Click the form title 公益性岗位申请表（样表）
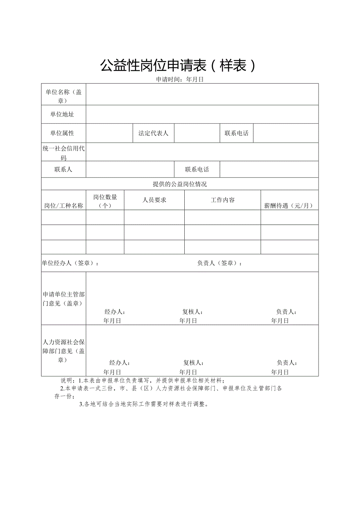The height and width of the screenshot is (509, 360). coord(178,65)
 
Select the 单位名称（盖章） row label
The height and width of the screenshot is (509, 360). coord(63,96)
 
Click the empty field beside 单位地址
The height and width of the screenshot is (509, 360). coord(202,114)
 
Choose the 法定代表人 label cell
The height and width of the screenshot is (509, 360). coord(153,133)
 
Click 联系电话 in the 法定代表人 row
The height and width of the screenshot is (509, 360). coord(236,133)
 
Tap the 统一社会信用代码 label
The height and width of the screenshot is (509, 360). coord(63,153)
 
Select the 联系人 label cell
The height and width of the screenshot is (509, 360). coord(63,169)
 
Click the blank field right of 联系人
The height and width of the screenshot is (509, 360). coord(130,169)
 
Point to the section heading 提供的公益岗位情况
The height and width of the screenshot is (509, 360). coord(180,184)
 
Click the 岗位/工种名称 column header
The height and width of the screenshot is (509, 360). coord(63,206)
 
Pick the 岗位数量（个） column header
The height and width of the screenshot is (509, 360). coord(105,201)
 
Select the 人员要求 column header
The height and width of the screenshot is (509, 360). coord(154,200)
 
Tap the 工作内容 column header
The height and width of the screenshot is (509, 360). coord(223,200)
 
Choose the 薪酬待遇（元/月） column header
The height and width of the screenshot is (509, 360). coord(289,206)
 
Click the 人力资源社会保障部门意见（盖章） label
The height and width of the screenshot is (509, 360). coord(63,351)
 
